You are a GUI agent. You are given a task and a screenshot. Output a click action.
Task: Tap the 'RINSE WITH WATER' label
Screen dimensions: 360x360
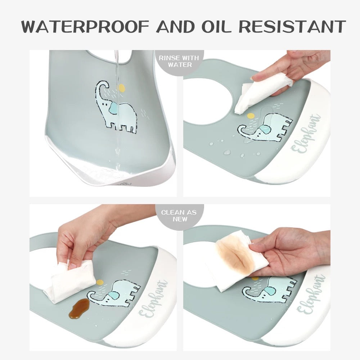tap(179, 61)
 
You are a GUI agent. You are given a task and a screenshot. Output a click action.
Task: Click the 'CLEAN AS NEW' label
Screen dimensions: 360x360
tap(179, 216)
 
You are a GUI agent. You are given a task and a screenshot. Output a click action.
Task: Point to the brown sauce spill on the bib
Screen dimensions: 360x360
tap(79, 309)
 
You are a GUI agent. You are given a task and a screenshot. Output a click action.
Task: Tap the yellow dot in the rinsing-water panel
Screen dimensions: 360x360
tap(121, 88)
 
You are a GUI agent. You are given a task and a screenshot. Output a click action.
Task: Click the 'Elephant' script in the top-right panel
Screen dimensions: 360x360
tap(306, 133)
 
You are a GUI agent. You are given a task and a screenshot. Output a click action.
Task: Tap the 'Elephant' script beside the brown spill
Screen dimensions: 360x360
tap(153, 299)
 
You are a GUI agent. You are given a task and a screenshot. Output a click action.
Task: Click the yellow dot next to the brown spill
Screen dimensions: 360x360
tap(99, 282)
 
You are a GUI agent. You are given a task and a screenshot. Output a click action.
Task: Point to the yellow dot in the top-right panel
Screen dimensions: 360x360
tap(251, 116)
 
